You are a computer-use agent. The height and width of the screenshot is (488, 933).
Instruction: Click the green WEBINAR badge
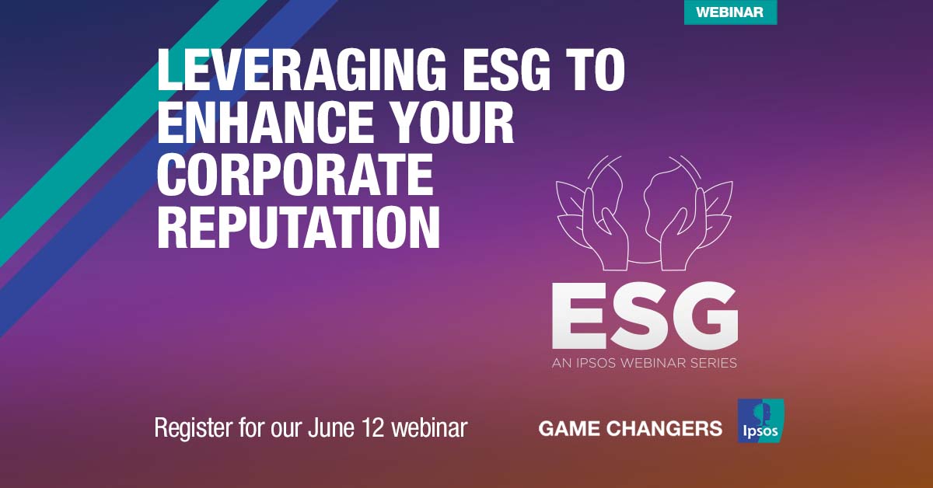(730, 12)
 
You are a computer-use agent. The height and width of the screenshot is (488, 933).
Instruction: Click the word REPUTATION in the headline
(299, 229)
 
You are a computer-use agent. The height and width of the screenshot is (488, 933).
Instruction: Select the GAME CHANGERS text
(630, 428)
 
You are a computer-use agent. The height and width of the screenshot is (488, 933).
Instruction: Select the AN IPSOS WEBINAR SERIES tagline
(644, 363)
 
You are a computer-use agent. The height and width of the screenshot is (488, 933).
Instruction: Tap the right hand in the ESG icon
(685, 233)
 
